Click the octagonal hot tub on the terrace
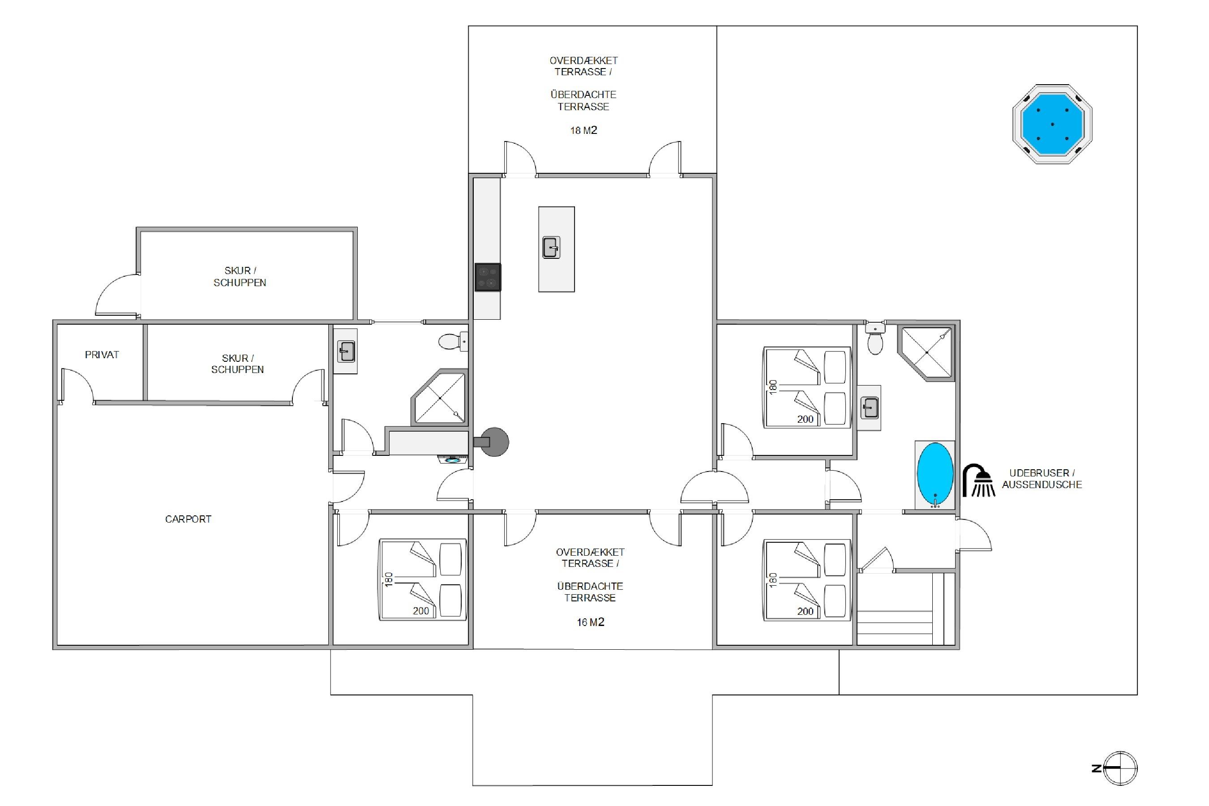point(1052,124)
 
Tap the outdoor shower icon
point(978,480)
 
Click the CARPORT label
point(188,519)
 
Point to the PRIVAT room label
point(102,355)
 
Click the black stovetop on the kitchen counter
point(487,277)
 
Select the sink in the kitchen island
point(551,247)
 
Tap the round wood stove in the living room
point(492,442)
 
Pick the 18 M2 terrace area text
point(583,131)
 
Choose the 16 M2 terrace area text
point(590,622)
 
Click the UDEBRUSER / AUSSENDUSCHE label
point(1042,479)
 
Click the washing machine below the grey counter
point(452,459)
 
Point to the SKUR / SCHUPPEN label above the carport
point(237,364)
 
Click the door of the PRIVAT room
point(77,385)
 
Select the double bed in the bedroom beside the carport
point(423,580)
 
